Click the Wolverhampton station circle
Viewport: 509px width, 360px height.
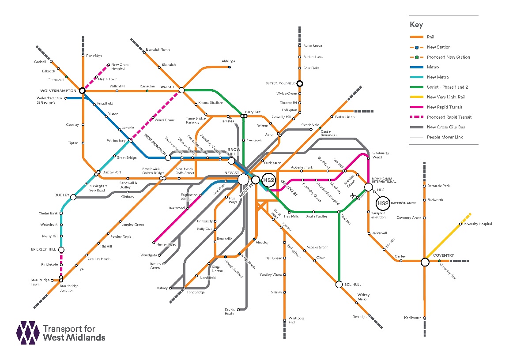pyautogui.click(x=82, y=90)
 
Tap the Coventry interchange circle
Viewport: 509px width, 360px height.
pyautogui.click(x=425, y=262)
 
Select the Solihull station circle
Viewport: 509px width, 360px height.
pyautogui.click(x=339, y=285)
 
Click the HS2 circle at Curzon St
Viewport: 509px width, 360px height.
pyautogui.click(x=268, y=180)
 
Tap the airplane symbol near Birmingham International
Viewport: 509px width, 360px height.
pyautogui.click(x=353, y=196)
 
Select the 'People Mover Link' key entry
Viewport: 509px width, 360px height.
pyautogui.click(x=445, y=137)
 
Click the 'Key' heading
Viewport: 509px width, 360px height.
pyautogui.click(x=416, y=25)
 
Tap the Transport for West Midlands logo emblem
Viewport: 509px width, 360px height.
pyautogui.click(x=28, y=333)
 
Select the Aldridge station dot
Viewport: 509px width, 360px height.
pyautogui.click(x=229, y=67)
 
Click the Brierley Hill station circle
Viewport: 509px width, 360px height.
pyautogui.click(x=61, y=250)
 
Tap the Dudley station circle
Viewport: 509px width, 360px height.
pyautogui.click(x=73, y=197)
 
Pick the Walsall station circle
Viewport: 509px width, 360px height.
pyautogui.click(x=181, y=90)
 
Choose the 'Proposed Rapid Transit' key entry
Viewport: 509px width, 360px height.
pyautogui.click(x=449, y=117)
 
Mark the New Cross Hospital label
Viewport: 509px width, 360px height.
pyautogui.click(x=120, y=67)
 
